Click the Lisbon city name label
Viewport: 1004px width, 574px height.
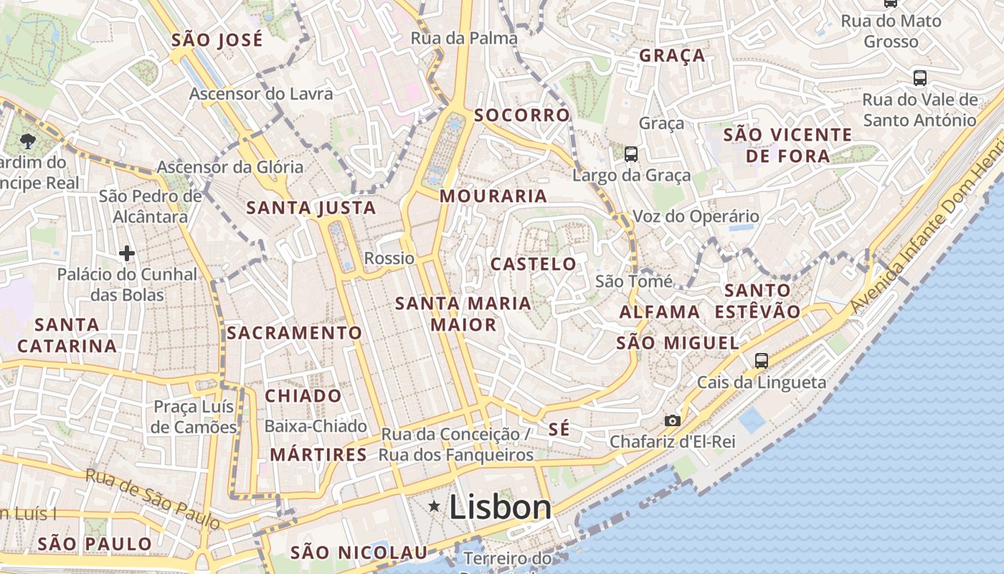click(500, 507)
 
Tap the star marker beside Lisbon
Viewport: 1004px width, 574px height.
click(434, 507)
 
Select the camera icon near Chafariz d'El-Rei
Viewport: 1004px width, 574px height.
click(672, 420)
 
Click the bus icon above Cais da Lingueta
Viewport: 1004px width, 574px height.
click(762, 360)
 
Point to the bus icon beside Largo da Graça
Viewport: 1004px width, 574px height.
click(631, 154)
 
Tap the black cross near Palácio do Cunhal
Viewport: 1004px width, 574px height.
click(127, 253)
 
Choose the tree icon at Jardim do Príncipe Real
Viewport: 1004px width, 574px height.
click(29, 141)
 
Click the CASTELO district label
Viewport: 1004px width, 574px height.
click(534, 264)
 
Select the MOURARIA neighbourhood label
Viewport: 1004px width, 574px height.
click(493, 196)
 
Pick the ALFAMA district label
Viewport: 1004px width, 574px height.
click(660, 312)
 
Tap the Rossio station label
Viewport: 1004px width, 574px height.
click(389, 258)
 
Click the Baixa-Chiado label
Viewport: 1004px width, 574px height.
click(316, 426)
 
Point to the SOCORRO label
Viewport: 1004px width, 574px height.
click(521, 115)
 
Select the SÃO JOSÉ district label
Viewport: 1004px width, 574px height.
click(217, 40)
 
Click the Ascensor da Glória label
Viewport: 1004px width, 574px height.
click(230, 167)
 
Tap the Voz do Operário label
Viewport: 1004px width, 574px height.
click(695, 216)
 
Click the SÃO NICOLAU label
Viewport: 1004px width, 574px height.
click(359, 552)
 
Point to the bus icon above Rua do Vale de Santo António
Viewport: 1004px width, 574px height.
click(919, 77)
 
